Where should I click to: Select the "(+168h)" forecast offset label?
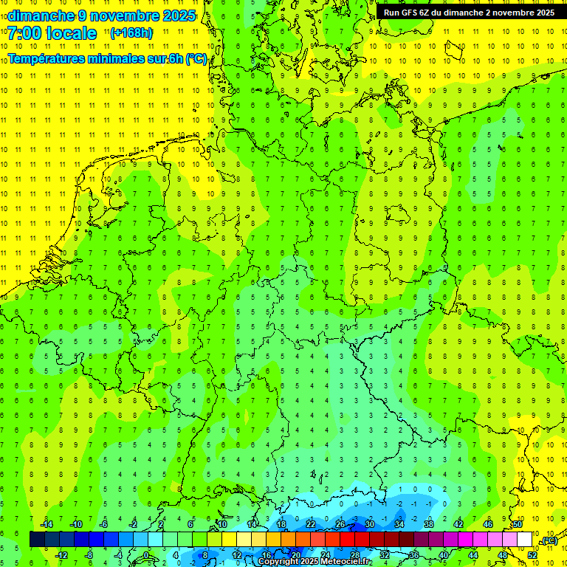click(131, 32)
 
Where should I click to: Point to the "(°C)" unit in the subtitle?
click(196, 59)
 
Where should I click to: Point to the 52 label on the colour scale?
click(532, 555)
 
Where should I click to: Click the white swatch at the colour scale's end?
click(525, 540)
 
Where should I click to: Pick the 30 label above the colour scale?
click(370, 524)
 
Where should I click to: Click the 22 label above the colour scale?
click(311, 524)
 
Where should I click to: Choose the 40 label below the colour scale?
click(444, 555)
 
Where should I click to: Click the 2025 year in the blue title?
click(177, 16)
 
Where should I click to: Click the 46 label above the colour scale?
click(488, 524)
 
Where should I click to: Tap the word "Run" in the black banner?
click(391, 13)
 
